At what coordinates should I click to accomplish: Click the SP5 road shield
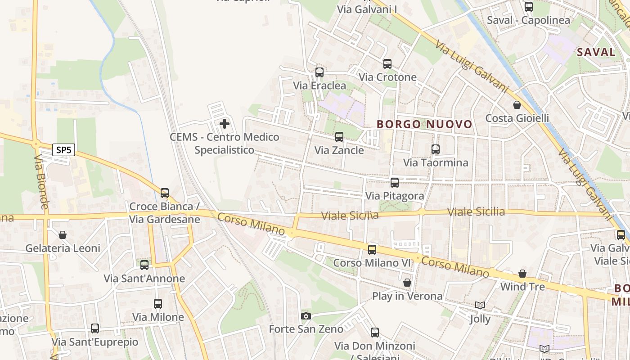click(x=63, y=150)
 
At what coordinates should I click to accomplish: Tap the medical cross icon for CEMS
click(x=225, y=124)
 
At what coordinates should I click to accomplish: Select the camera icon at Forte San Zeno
click(x=306, y=316)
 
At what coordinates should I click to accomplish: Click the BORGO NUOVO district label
click(x=424, y=124)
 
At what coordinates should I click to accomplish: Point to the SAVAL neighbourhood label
click(x=596, y=52)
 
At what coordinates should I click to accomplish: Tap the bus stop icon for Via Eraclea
click(x=319, y=72)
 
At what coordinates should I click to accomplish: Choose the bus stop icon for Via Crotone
click(x=387, y=64)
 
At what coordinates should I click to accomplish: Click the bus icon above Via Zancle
click(x=339, y=137)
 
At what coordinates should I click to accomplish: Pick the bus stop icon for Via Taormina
click(x=436, y=149)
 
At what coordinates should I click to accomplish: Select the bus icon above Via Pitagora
click(x=395, y=183)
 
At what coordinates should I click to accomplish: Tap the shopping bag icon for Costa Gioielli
click(x=517, y=105)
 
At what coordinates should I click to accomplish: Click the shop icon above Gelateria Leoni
click(x=63, y=235)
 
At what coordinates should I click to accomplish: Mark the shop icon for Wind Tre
click(x=522, y=274)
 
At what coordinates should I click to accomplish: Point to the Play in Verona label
click(x=407, y=296)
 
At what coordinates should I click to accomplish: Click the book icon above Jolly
click(x=480, y=306)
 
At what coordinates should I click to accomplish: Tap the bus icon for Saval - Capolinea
click(x=529, y=7)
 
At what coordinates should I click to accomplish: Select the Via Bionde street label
click(x=41, y=182)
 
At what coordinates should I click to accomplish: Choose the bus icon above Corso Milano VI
click(x=372, y=250)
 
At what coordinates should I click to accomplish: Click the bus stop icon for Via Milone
click(x=158, y=304)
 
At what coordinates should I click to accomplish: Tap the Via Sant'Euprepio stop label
click(x=95, y=342)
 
